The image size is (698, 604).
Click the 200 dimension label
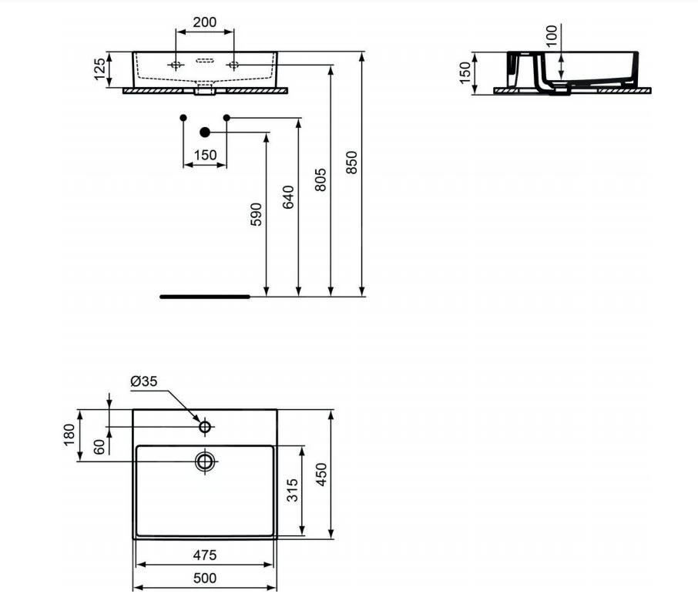click(204, 22)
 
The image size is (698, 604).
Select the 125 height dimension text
click(99, 69)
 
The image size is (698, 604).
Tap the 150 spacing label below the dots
click(205, 155)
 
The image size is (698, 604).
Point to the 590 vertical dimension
click(257, 214)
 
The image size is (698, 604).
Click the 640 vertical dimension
click(289, 198)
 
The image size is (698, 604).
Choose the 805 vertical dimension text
click(321, 180)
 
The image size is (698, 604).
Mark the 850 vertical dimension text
click(352, 162)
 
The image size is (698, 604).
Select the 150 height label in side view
click(465, 73)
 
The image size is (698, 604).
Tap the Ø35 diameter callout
click(144, 381)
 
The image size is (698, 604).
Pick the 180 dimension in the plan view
click(69, 435)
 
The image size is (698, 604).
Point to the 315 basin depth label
click(292, 490)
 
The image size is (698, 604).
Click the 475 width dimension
click(204, 554)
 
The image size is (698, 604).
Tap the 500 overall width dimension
click(204, 578)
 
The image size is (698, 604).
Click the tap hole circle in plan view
click(205, 426)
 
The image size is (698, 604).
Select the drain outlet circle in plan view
click(205, 461)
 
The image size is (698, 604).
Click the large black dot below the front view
click(204, 133)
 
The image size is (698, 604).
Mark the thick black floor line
click(205, 295)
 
